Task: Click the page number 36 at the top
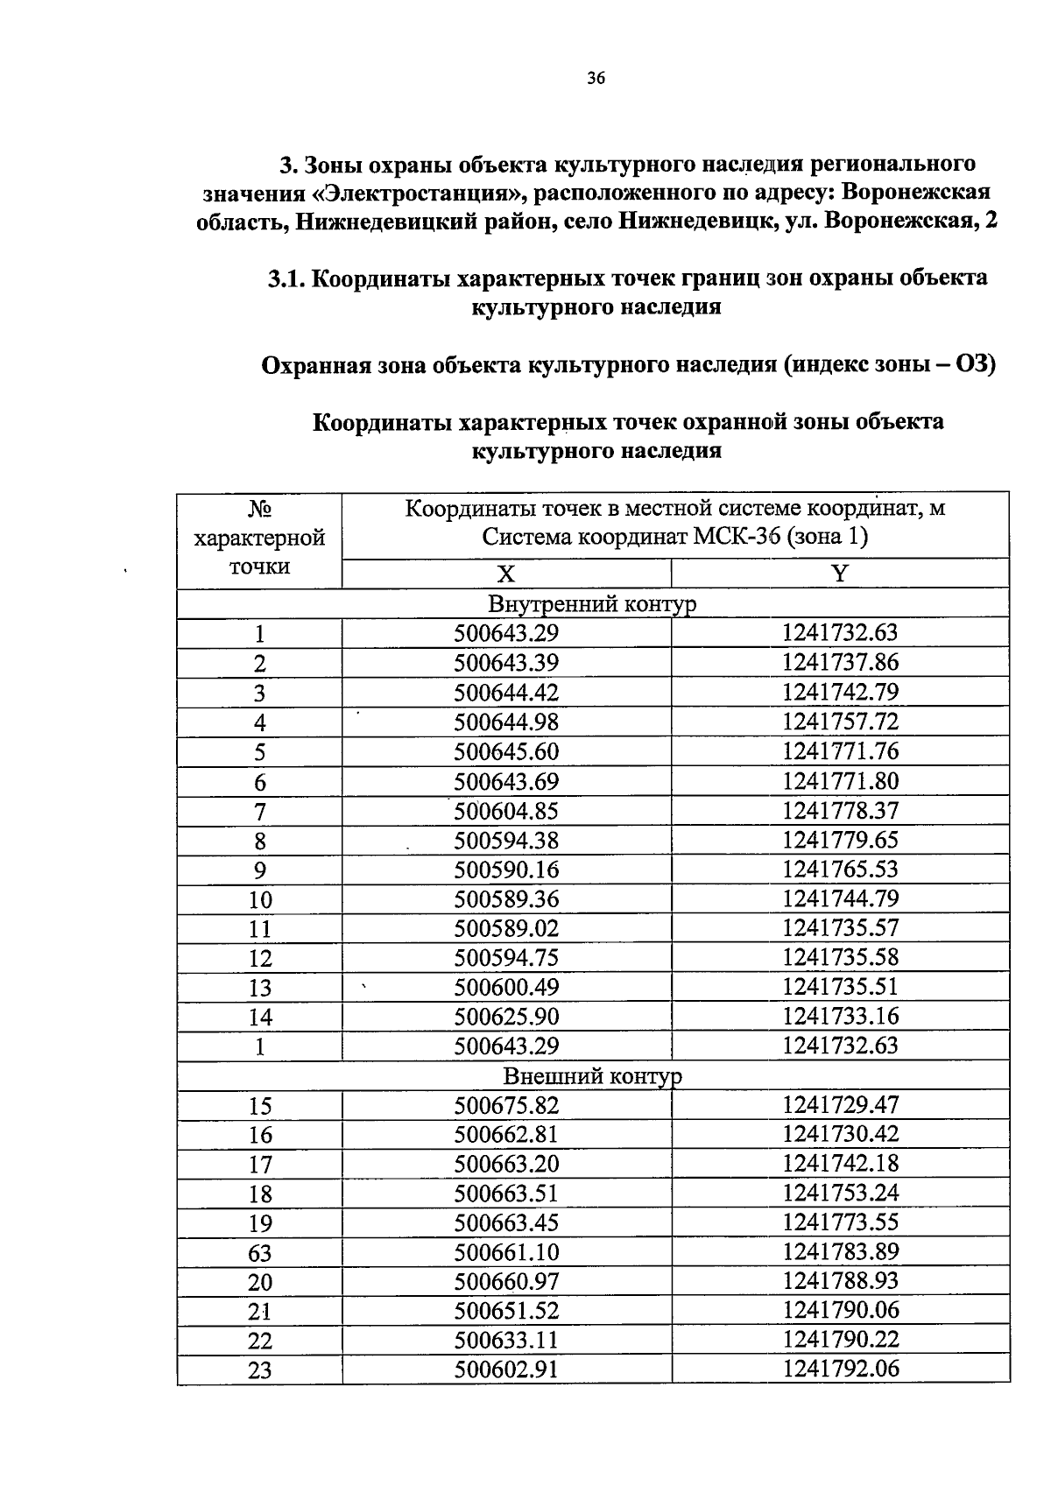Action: tap(596, 79)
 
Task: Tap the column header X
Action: tap(505, 574)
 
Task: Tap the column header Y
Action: tap(839, 574)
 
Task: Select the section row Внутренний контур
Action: tap(592, 604)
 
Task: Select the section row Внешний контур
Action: tap(592, 1076)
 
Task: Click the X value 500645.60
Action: tap(505, 751)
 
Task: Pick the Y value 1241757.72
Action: tap(840, 722)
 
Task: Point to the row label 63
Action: tap(259, 1253)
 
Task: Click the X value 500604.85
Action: tap(505, 811)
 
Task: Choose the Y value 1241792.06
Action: tap(840, 1369)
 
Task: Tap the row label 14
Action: tap(259, 1018)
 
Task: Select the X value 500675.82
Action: tap(505, 1105)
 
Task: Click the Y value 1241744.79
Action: tap(840, 898)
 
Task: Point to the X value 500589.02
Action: tap(505, 928)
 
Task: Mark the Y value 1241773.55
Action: tap(840, 1222)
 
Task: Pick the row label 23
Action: tap(259, 1370)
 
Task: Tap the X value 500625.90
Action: tap(505, 1017)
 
